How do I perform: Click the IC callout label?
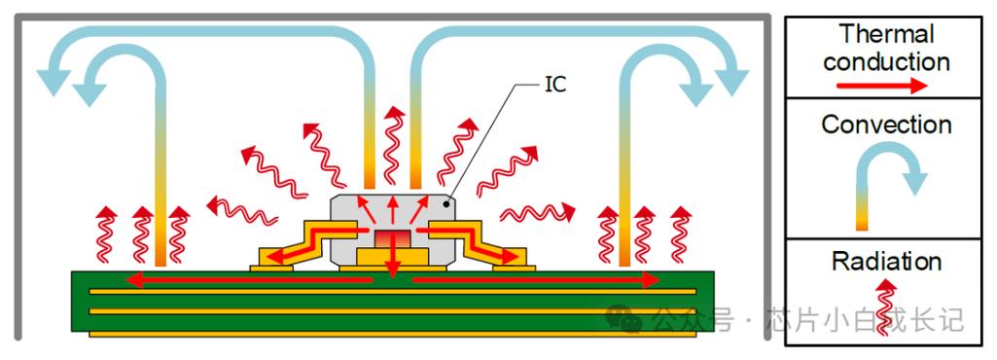[555, 85]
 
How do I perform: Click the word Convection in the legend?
[886, 124]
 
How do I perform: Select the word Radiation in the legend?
[886, 262]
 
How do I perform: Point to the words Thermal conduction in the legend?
[886, 48]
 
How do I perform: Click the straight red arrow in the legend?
[882, 86]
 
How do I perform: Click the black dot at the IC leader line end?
[448, 203]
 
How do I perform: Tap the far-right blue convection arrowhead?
[731, 81]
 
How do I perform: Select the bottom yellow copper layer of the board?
[392, 334]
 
